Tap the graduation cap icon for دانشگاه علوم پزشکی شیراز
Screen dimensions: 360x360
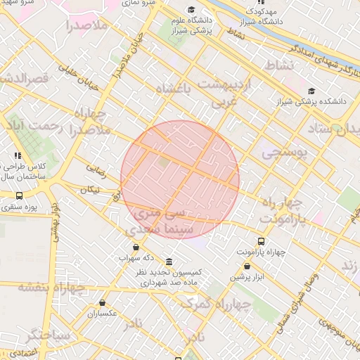point(192,8)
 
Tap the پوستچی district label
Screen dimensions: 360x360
point(284,153)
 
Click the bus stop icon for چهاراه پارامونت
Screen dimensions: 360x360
point(262,241)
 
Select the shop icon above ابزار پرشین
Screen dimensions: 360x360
point(247,266)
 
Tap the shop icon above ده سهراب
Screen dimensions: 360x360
point(136,247)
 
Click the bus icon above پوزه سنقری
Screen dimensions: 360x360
point(18,195)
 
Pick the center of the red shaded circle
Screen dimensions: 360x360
point(180,180)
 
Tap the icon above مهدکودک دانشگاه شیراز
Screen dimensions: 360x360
point(261,2)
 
